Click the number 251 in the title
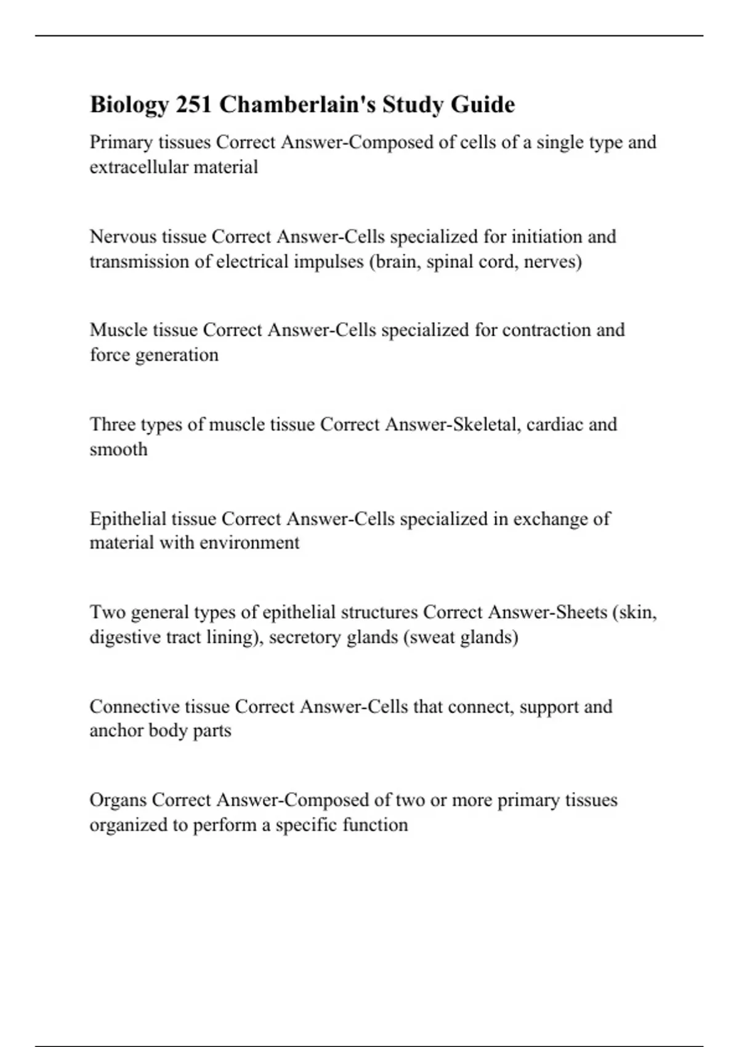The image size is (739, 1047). (194, 105)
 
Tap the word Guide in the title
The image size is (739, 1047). (482, 105)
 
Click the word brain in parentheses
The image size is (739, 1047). (394, 262)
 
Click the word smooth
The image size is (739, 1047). (119, 450)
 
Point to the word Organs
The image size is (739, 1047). (118, 800)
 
